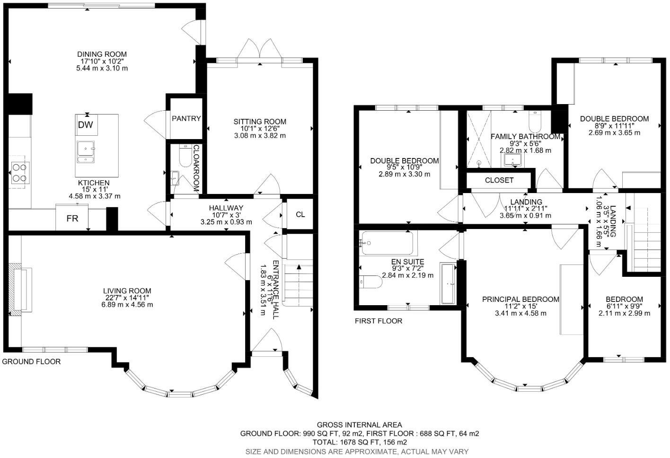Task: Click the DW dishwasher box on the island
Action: click(x=86, y=125)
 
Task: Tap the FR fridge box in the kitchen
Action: click(x=72, y=219)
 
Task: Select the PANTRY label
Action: click(x=186, y=119)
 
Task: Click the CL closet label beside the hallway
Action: click(x=300, y=214)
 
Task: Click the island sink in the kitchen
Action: click(x=86, y=151)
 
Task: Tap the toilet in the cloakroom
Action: click(x=185, y=156)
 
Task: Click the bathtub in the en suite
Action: click(x=388, y=243)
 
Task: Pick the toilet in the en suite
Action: click(x=371, y=282)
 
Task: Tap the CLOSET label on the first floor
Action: click(x=499, y=180)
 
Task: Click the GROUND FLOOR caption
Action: click(x=32, y=361)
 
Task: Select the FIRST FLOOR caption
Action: click(x=379, y=321)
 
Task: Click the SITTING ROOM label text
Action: click(x=260, y=122)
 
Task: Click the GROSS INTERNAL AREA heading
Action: click(x=359, y=425)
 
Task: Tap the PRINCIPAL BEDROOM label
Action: click(x=520, y=299)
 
